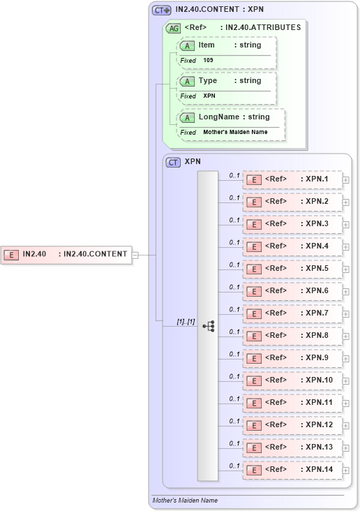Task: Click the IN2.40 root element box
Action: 67,254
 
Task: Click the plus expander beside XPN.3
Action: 345,225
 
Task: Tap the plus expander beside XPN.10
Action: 345,381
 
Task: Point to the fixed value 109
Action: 209,61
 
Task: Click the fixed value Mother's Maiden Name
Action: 235,132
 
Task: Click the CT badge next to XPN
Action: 173,163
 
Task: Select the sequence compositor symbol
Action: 208,326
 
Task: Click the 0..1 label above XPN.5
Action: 234,265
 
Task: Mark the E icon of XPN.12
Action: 255,426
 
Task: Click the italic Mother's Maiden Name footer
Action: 185,501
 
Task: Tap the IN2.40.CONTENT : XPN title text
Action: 219,10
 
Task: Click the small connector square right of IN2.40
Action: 135,255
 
